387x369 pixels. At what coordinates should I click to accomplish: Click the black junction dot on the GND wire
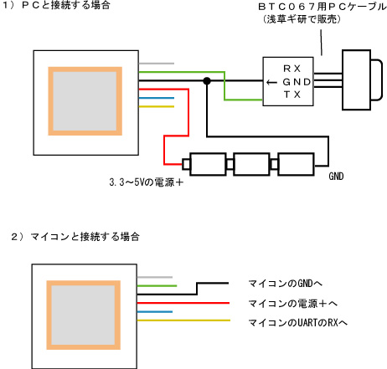coord(207,81)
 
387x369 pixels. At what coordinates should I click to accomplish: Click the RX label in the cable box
coord(292,69)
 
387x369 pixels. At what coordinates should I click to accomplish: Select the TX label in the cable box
coord(292,95)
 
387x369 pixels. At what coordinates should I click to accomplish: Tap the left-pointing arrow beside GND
coord(271,82)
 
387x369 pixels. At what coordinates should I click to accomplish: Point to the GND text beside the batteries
coord(336,177)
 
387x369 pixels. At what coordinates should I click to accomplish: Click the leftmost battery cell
coord(204,164)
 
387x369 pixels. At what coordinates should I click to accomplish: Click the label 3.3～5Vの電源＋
coord(147,182)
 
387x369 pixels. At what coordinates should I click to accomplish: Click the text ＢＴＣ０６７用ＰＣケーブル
coord(322,7)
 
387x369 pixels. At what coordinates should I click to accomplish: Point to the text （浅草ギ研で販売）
coord(302,19)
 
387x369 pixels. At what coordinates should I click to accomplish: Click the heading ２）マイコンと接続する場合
coord(75,237)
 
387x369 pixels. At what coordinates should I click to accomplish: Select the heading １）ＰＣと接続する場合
coord(56,5)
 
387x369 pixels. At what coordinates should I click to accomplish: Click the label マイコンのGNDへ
coord(285,284)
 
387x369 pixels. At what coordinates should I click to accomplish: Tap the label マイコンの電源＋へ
coord(292,304)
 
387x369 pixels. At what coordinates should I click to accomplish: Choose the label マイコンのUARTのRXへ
coord(297,323)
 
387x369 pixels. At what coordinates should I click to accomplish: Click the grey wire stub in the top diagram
coord(157,64)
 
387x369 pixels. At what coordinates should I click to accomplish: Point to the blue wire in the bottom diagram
coord(155,311)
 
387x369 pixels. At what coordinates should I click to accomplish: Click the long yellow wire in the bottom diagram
coord(183,320)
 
